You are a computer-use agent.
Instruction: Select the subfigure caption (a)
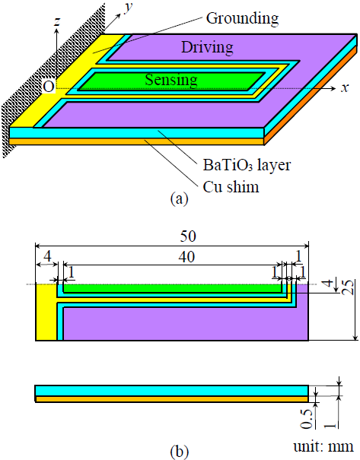[177, 200]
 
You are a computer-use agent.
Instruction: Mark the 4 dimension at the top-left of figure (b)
[46, 257]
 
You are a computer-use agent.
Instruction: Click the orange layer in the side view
[171, 398]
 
